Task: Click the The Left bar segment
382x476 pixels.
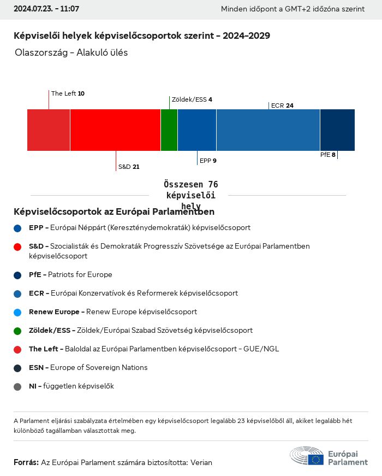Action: (49, 130)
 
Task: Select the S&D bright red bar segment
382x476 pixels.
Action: (115, 130)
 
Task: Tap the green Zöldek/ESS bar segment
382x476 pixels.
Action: (169, 130)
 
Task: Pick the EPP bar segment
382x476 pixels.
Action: (197, 130)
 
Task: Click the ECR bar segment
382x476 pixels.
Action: (268, 130)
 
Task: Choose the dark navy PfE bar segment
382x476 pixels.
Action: (337, 130)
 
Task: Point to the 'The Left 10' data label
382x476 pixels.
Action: (68, 93)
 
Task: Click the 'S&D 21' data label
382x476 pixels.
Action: (129, 167)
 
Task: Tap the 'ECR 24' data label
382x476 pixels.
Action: (282, 105)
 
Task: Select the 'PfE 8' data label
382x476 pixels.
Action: (327, 155)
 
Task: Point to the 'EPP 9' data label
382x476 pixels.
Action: (208, 161)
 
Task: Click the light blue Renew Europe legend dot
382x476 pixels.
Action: (17, 312)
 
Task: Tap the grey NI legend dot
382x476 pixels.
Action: (17, 386)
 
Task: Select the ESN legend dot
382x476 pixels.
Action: (17, 368)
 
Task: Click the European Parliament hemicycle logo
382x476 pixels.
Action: (307, 456)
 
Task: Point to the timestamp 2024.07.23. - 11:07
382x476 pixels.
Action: (46, 9)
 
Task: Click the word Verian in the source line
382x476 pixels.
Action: (201, 462)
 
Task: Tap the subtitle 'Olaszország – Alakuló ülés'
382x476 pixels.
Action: (71, 53)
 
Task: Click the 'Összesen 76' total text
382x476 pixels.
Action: (190, 185)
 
